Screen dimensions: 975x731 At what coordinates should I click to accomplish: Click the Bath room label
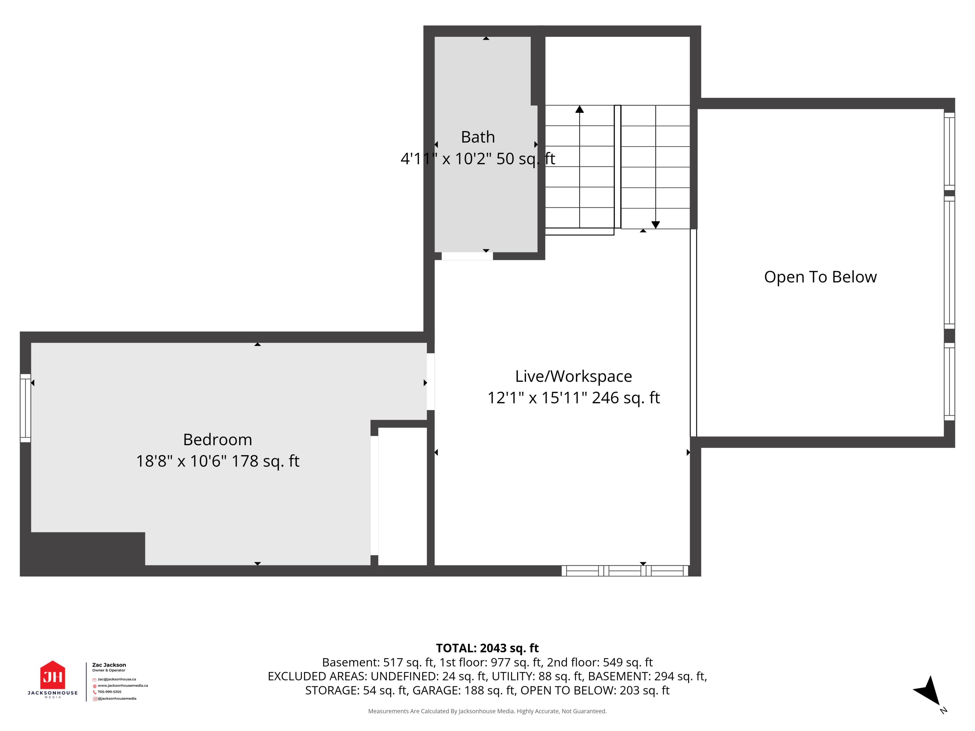point(478,137)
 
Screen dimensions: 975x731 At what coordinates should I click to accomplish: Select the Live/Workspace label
point(574,376)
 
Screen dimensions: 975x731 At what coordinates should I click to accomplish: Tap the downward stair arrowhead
point(655,225)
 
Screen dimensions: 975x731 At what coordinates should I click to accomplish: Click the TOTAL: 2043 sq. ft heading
point(487,648)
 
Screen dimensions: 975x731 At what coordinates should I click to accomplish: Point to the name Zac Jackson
point(109,665)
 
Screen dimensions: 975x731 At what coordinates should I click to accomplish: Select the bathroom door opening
point(467,256)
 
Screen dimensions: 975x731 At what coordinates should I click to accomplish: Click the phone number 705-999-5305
point(109,692)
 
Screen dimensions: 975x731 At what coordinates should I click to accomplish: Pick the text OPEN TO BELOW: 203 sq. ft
point(595,690)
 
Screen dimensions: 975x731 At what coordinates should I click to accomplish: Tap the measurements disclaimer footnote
point(487,711)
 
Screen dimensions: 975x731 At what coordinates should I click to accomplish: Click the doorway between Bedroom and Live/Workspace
point(431,381)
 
